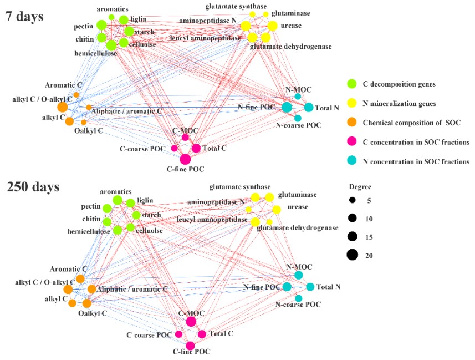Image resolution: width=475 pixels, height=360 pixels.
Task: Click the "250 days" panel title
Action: tap(33, 187)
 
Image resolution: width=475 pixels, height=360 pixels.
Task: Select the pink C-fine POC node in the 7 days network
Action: tap(185, 159)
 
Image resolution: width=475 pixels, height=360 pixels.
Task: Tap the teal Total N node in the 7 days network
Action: tap(309, 107)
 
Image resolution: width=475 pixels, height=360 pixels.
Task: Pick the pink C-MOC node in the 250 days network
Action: tap(191, 321)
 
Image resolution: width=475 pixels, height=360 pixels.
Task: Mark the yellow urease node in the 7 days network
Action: tap(272, 26)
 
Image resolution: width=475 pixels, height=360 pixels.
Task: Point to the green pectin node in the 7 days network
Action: tap(101, 24)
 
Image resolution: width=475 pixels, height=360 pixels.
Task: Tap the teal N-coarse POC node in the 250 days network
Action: tap(298, 298)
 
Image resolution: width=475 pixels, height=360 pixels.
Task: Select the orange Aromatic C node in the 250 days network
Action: tap(80, 278)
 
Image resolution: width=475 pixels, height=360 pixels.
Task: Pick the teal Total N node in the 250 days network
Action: tap(310, 287)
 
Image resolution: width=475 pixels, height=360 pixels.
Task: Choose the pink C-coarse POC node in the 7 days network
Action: tap(174, 148)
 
